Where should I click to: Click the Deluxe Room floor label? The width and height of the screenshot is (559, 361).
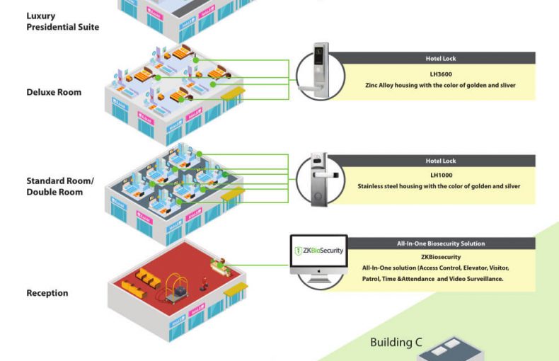click(54, 92)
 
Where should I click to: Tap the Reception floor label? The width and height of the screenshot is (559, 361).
click(47, 293)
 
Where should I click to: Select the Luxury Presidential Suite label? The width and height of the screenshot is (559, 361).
click(62, 21)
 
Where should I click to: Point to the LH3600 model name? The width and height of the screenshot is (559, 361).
click(440, 73)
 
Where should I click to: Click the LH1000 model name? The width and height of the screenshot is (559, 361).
click(441, 175)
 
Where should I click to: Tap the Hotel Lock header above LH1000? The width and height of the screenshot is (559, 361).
click(441, 161)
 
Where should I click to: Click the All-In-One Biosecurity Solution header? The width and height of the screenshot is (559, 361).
click(441, 243)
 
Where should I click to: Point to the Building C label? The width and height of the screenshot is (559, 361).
click(396, 343)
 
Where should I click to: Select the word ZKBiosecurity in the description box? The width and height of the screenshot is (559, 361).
click(441, 257)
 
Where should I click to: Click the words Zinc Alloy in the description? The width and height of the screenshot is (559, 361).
click(382, 85)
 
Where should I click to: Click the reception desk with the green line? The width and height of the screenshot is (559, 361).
click(221, 266)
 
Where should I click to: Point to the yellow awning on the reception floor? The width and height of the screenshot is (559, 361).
click(235, 287)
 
